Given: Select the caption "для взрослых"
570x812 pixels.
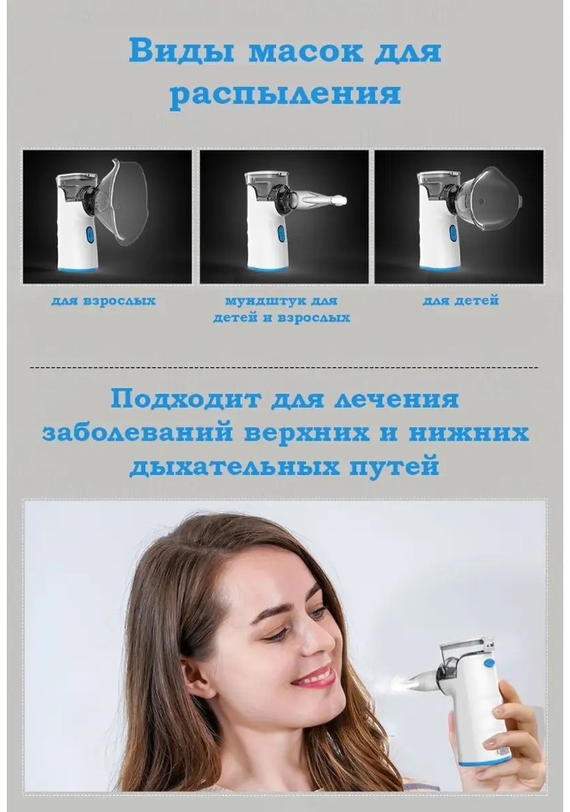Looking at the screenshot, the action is pos(103,301).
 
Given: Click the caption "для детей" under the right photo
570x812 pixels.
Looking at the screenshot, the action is pos(460,300).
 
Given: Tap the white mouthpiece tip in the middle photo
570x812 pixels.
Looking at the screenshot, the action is pos(340,200).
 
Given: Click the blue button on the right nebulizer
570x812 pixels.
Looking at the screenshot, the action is pos(452,232).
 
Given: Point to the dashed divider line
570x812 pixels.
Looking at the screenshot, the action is pos(284,367).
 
